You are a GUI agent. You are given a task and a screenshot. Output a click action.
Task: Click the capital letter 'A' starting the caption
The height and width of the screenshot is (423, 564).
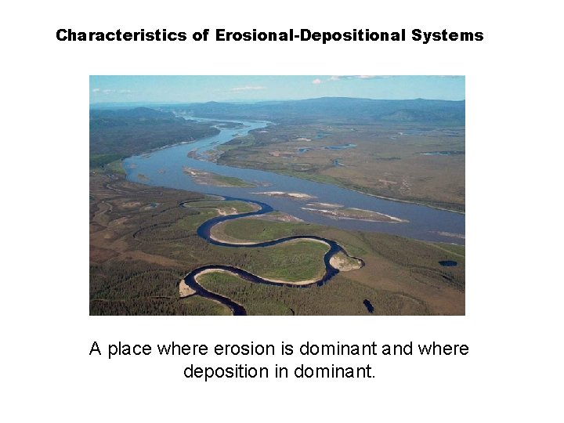click(96, 349)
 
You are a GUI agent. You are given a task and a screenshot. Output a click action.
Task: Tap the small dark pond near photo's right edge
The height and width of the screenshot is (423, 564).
click(447, 263)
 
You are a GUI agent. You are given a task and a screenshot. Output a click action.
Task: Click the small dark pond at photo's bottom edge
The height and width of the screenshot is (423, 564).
click(368, 305)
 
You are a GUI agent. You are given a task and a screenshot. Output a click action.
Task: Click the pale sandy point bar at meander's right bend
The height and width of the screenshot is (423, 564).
click(345, 262)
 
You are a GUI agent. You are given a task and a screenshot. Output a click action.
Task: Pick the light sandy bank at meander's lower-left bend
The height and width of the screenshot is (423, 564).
click(186, 288)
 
